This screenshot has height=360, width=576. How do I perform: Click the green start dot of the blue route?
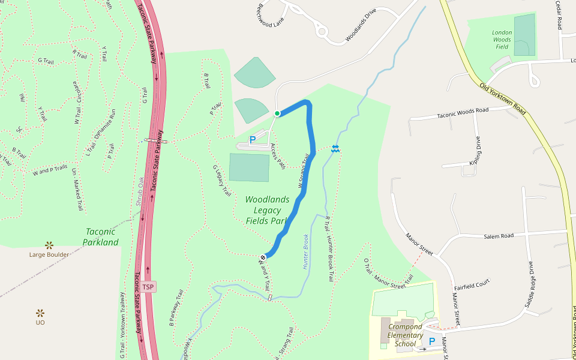[x=277, y=113]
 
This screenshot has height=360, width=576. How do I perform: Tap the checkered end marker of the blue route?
[x=263, y=258]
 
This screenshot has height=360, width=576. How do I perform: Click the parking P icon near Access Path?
[x=253, y=140]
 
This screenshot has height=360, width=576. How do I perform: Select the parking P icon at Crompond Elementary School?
[x=431, y=341]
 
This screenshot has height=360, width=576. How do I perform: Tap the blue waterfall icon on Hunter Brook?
[x=335, y=148]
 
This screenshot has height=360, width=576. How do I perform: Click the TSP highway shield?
[x=148, y=287]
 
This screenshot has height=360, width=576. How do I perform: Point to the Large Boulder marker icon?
[x=49, y=245]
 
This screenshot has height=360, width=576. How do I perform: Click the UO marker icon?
[x=40, y=313]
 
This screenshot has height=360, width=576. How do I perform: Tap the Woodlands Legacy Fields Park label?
[x=268, y=210]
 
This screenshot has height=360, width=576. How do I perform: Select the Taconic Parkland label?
[x=101, y=236]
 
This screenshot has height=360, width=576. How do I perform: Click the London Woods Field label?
[x=502, y=40]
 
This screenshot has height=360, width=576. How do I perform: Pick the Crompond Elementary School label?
[x=405, y=335]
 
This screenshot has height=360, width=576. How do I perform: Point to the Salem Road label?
[x=499, y=236]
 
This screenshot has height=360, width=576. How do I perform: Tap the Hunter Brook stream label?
[x=305, y=251]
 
